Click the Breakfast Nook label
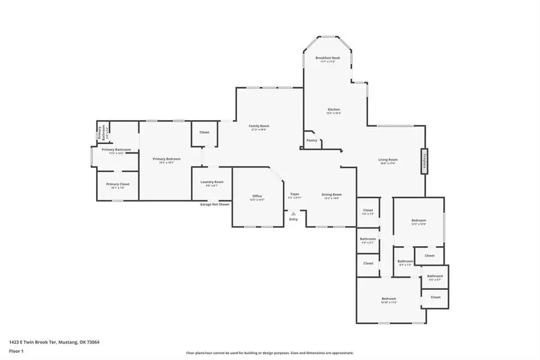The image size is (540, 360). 328,58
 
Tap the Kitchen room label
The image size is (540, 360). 333,109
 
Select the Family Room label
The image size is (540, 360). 259,126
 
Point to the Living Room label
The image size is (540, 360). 388,160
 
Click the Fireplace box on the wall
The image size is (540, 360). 424,161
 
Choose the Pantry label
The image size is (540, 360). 311,140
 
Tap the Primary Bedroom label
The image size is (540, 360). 166,159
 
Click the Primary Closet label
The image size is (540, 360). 118,184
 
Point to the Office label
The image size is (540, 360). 257,196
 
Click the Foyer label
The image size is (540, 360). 295,194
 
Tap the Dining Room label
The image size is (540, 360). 332,194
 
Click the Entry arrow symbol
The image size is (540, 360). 293,213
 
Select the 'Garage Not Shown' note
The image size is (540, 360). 214,205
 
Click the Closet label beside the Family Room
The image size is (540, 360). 205,132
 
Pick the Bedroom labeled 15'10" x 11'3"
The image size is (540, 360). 389,299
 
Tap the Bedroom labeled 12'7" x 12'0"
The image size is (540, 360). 418,221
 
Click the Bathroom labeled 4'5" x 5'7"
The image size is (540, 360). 434,277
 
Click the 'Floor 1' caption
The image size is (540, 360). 16,352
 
